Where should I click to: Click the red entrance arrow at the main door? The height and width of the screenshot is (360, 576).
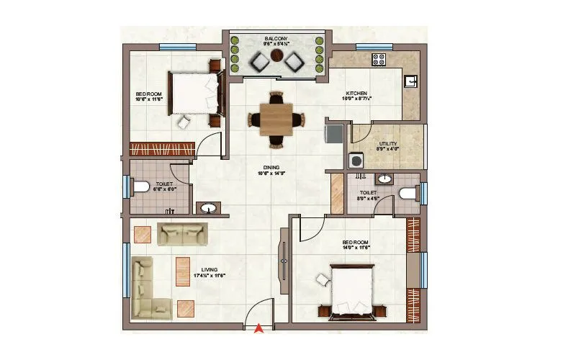click(x=258, y=329)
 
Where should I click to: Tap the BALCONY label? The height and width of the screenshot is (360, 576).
click(x=276, y=38)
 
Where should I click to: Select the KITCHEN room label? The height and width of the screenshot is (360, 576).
click(x=357, y=94)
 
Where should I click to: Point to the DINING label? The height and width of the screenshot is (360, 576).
click(x=271, y=168)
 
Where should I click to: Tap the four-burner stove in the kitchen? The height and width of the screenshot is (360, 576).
click(x=377, y=59)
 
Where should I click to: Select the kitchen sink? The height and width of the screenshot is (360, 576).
click(x=411, y=81)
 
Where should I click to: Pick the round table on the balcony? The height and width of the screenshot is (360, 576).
click(x=276, y=63)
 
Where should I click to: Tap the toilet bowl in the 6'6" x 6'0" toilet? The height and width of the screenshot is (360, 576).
click(x=141, y=186)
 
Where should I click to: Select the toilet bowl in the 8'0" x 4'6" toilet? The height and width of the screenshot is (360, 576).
click(x=407, y=192)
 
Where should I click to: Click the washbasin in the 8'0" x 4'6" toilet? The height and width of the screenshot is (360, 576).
click(x=385, y=179)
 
